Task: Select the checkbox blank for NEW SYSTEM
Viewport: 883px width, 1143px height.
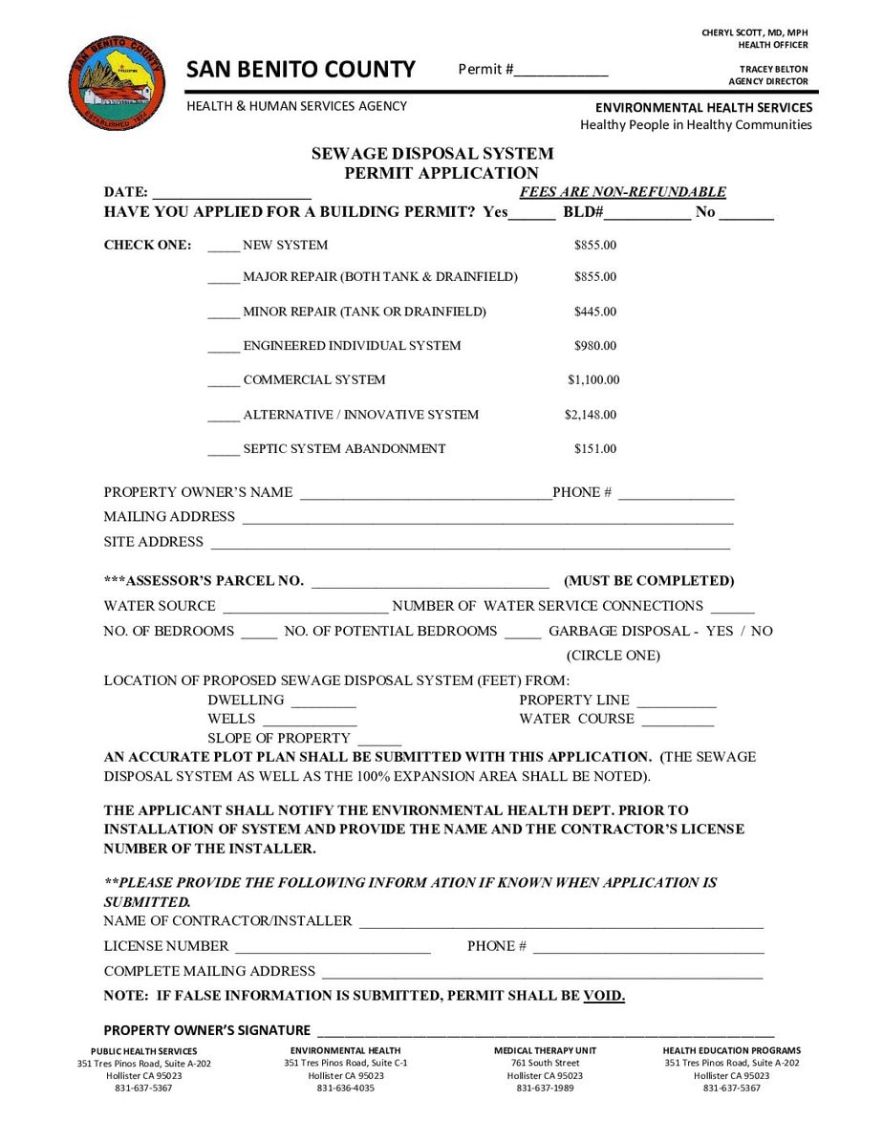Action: click(x=224, y=247)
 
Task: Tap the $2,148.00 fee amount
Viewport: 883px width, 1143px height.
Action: click(x=591, y=415)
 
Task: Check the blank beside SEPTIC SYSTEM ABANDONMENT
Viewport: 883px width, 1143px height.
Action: click(x=224, y=450)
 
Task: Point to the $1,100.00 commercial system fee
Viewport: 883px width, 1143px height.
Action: click(x=593, y=380)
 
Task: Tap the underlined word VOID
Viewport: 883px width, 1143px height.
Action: click(x=604, y=996)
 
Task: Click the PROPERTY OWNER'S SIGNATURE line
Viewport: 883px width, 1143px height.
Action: click(x=545, y=1031)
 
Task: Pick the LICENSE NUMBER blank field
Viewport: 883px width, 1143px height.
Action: click(x=333, y=947)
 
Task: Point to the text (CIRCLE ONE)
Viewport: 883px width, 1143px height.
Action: click(x=614, y=656)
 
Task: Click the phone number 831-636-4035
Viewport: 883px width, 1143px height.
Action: click(x=346, y=1088)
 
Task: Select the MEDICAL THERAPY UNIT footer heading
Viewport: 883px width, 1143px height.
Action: click(x=546, y=1051)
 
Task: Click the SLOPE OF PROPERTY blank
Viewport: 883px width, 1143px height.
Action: click(x=380, y=740)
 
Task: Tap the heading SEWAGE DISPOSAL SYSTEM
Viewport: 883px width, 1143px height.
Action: click(x=433, y=154)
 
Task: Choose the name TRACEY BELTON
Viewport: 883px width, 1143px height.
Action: click(x=773, y=70)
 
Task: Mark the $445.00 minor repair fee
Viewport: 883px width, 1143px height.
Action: click(x=595, y=312)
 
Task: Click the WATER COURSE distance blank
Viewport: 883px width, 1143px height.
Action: click(x=678, y=721)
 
